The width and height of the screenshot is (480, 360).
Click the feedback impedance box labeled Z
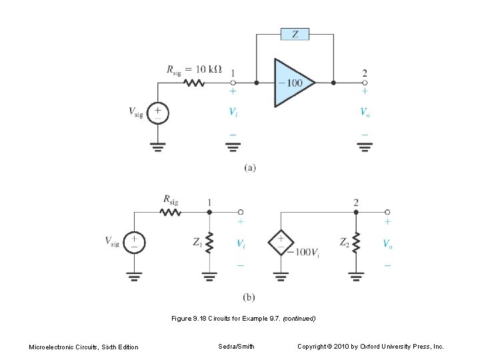pos(294,33)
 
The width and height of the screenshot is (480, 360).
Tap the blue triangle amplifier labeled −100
pos(291,83)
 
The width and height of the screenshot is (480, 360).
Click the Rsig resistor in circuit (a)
pos(194,83)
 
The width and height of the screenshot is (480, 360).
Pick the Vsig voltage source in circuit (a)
pos(158,112)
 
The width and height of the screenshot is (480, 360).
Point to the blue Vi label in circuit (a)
pos(233,113)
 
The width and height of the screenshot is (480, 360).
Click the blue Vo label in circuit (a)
pos(365,113)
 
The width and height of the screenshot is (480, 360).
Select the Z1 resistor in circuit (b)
pos(210,245)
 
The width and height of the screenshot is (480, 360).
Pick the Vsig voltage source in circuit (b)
pos(135,243)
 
